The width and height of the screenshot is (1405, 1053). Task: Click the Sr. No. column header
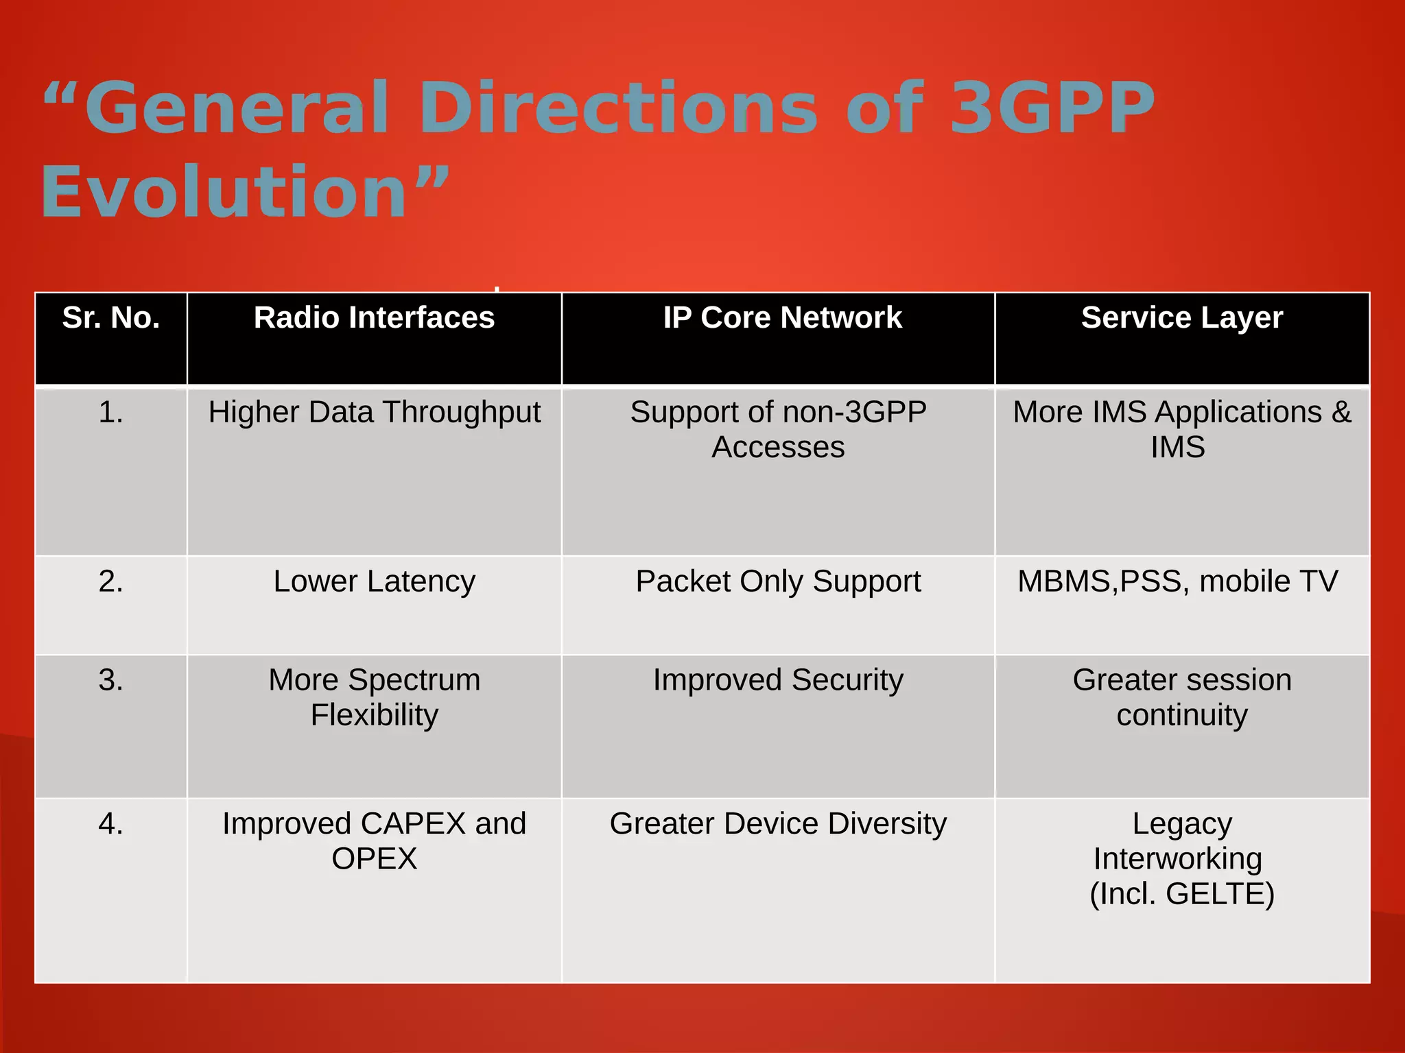coord(111,318)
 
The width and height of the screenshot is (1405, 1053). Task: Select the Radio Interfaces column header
coord(374,318)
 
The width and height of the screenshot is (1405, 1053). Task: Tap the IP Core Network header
coord(782,318)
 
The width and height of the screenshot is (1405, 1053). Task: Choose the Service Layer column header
coord(1181,318)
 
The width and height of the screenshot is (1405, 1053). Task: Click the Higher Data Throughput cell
coord(375,413)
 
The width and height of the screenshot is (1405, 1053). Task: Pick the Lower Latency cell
coord(374,581)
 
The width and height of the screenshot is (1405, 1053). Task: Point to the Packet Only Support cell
coord(778,581)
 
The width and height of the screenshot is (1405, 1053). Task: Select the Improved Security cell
coord(778,680)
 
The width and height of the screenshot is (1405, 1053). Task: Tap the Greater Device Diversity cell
coord(778,823)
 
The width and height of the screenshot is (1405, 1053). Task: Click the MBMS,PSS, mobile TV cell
coord(1177,581)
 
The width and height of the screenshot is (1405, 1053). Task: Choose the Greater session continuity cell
coord(1181,697)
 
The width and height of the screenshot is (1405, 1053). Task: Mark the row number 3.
coord(111,680)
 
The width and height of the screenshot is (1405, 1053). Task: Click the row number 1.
coord(111,413)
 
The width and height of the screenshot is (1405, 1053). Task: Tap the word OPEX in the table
coord(374,859)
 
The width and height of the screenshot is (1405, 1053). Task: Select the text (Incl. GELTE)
coord(1181,894)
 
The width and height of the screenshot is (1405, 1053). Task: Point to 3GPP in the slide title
coord(1051,108)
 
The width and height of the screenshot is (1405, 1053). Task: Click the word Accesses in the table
coord(778,448)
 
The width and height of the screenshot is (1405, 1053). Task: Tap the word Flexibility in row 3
coord(374,715)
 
